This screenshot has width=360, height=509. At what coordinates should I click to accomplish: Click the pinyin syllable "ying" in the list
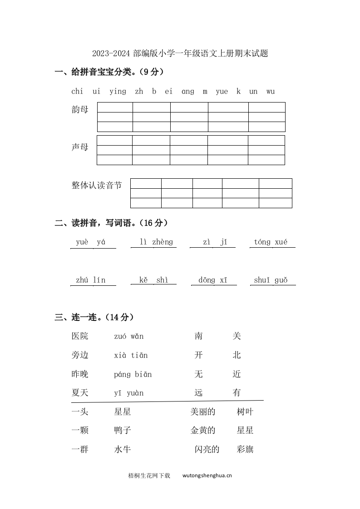pyautogui.click(x=118, y=92)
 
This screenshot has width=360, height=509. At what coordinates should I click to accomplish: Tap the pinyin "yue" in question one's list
pyautogui.click(x=222, y=92)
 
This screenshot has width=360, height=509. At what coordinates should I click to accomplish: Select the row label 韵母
pyautogui.click(x=80, y=109)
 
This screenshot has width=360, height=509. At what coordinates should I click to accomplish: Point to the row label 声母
pyautogui.click(x=80, y=147)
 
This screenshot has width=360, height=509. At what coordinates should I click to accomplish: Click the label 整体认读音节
pyautogui.click(x=97, y=185)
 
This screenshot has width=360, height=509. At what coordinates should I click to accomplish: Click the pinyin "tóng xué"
pyautogui.click(x=271, y=242)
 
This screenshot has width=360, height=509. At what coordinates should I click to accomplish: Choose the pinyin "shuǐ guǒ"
pyautogui.click(x=271, y=280)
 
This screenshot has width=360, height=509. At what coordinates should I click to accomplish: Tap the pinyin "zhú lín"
pyautogui.click(x=90, y=280)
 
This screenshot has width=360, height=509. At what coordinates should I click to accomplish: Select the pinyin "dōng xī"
pyautogui.click(x=213, y=280)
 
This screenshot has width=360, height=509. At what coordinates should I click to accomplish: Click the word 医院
pyautogui.click(x=80, y=336)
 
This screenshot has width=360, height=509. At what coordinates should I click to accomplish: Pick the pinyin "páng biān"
pyautogui.click(x=133, y=374)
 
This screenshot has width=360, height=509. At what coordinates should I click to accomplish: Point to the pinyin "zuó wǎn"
pyautogui.click(x=128, y=336)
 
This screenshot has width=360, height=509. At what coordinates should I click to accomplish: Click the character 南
pyautogui.click(x=198, y=336)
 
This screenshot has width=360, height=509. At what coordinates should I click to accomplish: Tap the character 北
pyautogui.click(x=237, y=355)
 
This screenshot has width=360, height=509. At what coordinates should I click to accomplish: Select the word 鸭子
pyautogui.click(x=123, y=431)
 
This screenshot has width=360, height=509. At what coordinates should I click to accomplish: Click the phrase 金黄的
pyautogui.click(x=203, y=431)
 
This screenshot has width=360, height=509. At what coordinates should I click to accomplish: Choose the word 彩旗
pyautogui.click(x=245, y=450)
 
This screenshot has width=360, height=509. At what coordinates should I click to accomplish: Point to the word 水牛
pyautogui.click(x=123, y=450)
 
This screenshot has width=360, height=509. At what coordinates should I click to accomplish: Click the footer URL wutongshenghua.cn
pyautogui.click(x=207, y=476)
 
